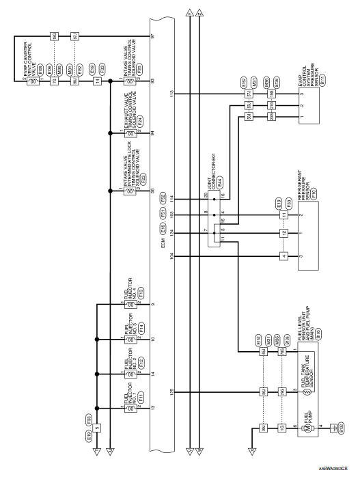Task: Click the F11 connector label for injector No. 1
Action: click(140, 396)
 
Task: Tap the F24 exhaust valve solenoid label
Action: click(139, 119)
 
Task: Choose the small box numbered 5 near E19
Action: click(97, 428)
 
